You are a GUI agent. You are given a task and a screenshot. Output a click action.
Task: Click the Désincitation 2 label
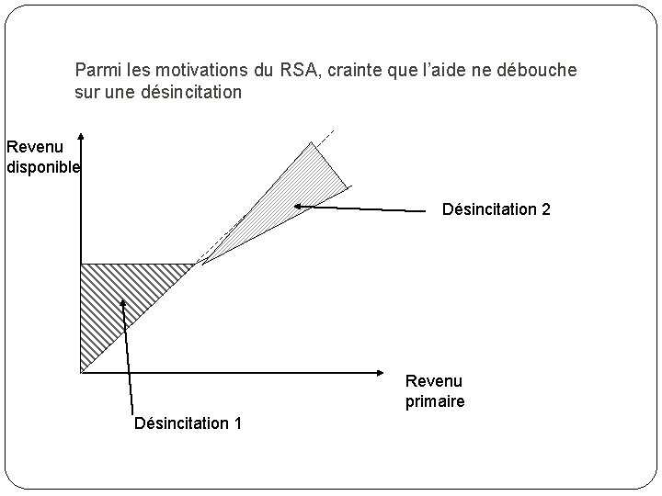coord(496,209)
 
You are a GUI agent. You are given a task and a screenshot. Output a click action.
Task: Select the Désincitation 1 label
coord(188,423)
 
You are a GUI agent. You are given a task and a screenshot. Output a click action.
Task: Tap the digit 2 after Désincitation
coord(546,209)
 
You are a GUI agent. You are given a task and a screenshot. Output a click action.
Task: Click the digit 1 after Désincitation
coord(238,423)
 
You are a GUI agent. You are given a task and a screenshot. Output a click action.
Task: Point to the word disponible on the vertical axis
coord(43,167)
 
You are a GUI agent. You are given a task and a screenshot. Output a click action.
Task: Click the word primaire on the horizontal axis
coord(435,401)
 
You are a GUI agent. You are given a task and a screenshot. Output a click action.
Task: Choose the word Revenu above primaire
coord(434,381)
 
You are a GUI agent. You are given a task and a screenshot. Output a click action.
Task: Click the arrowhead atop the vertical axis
coord(81,139)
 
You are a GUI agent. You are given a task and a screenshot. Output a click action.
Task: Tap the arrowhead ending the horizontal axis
coord(378,372)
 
